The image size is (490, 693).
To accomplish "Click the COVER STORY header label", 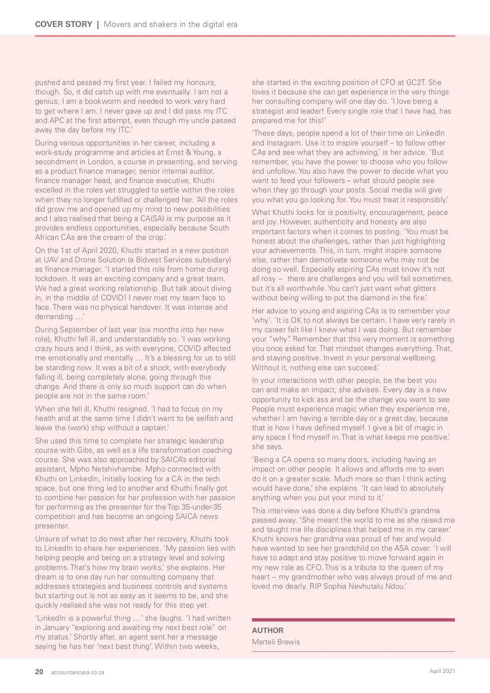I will tap(64, 24).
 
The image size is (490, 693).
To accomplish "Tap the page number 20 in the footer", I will tap(39, 672).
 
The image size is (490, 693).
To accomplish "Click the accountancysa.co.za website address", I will tap(78, 672).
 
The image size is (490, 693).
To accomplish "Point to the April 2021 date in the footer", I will tap(442, 671).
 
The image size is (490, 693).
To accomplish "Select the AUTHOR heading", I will tap(267, 630).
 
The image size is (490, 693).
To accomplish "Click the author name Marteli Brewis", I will tap(276, 642).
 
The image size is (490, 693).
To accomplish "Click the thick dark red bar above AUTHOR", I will tap(353, 620).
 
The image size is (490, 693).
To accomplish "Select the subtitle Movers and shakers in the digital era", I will tap(171, 24).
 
